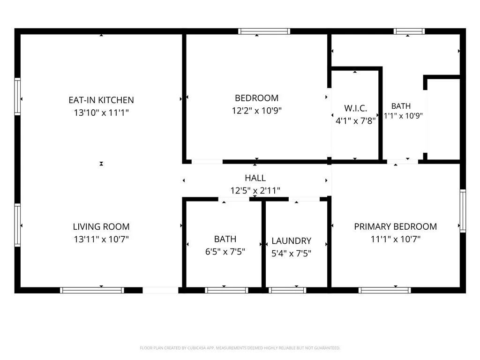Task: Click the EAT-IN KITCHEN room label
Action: tap(101, 100)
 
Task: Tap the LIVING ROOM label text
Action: tap(101, 226)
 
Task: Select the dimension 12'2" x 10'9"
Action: tap(256, 111)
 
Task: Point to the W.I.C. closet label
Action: tap(355, 108)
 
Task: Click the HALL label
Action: tap(255, 178)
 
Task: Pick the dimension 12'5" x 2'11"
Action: tap(255, 191)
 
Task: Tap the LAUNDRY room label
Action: tap(291, 241)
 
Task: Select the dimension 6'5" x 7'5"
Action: tap(225, 252)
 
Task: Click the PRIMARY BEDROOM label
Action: tap(395, 226)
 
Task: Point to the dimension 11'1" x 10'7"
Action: tap(395, 239)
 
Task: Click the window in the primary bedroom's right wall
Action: tap(463, 210)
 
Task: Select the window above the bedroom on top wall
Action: tap(264, 31)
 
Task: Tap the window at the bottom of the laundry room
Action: tap(287, 290)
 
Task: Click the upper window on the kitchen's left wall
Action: tap(17, 97)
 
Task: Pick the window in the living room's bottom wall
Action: tap(92, 290)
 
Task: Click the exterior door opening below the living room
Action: tap(160, 290)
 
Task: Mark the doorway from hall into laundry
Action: tap(304, 199)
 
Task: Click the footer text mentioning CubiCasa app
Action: tap(240, 348)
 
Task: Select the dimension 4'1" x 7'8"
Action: tap(355, 121)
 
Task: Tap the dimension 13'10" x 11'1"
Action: tap(101, 112)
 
